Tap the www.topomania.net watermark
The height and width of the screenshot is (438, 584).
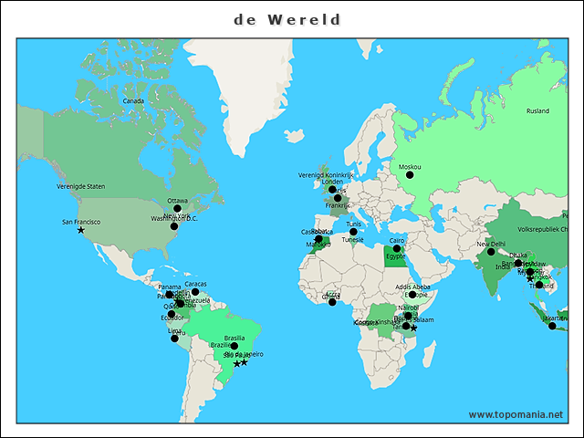[516, 414]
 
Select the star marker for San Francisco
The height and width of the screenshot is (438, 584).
[81, 230]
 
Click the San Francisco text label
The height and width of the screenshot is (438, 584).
[81, 222]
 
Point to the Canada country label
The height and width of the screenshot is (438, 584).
[133, 100]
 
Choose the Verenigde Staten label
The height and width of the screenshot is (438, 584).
[81, 186]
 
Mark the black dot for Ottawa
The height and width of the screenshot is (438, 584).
[178, 209]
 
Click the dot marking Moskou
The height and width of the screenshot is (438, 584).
[410, 175]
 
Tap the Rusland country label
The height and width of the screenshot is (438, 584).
[537, 110]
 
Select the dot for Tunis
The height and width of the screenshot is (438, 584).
[354, 232]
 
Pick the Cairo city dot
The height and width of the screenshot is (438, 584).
[397, 247]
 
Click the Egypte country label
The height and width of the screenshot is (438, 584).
[395, 256]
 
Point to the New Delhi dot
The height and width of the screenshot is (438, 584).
[491, 252]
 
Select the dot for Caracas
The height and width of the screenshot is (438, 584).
[195, 292]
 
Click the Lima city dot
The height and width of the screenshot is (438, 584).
[175, 339]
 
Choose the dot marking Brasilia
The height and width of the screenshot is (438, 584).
[235, 346]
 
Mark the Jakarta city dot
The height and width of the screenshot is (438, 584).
[552, 326]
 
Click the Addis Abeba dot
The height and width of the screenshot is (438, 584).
[412, 295]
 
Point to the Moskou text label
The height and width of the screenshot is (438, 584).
[410, 167]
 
